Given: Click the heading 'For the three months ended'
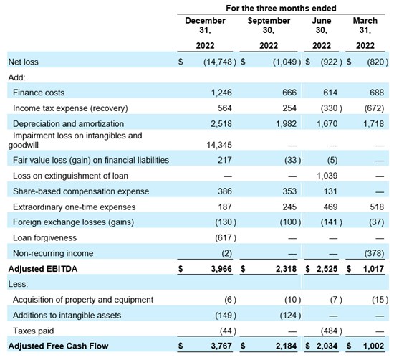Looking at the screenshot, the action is [x=281, y=9].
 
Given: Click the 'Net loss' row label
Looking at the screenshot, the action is [x=24, y=62].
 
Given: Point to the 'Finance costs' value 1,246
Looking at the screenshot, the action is [x=221, y=93].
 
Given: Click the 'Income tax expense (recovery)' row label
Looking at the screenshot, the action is [x=70, y=108].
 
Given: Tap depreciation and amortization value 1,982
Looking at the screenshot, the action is [x=286, y=124].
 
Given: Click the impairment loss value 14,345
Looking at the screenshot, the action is [x=219, y=145].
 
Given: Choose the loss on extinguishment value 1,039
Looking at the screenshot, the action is [x=327, y=176].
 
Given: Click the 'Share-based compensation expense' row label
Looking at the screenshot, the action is [x=81, y=191].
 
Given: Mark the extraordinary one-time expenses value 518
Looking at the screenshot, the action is [x=377, y=207].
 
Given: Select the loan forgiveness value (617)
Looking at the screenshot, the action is [x=226, y=238].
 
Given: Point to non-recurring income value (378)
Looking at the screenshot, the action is [x=374, y=253].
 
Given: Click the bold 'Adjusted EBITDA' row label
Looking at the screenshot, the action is [x=43, y=269].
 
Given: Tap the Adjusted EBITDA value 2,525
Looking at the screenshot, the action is [x=327, y=269].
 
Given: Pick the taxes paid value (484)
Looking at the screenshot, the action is [x=332, y=331].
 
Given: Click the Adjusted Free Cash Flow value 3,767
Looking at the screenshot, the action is [x=221, y=346].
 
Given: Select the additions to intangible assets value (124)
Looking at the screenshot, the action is [x=290, y=316].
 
